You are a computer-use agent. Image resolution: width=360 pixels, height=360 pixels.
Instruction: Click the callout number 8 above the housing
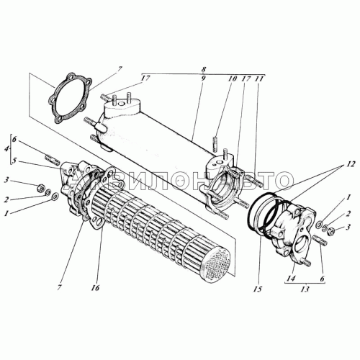204,69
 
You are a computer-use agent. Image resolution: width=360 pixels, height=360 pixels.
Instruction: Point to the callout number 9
203,79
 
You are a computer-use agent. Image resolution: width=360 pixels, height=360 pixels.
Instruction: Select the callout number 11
260,78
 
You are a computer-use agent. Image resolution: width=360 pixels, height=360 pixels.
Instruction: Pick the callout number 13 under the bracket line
305,289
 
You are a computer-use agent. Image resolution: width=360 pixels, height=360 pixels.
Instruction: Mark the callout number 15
258,289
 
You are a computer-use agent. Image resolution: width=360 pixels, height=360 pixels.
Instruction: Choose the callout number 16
95,288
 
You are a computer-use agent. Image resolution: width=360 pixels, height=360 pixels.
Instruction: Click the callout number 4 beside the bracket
6,148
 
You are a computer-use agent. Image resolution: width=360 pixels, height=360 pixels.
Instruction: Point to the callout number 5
14,161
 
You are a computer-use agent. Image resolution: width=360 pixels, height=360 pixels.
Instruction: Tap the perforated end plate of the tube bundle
217,264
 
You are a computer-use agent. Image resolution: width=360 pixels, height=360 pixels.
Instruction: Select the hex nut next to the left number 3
41,187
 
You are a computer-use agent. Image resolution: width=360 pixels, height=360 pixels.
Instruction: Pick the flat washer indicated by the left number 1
55,197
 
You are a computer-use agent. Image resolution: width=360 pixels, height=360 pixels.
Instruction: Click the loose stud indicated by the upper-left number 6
53,161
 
